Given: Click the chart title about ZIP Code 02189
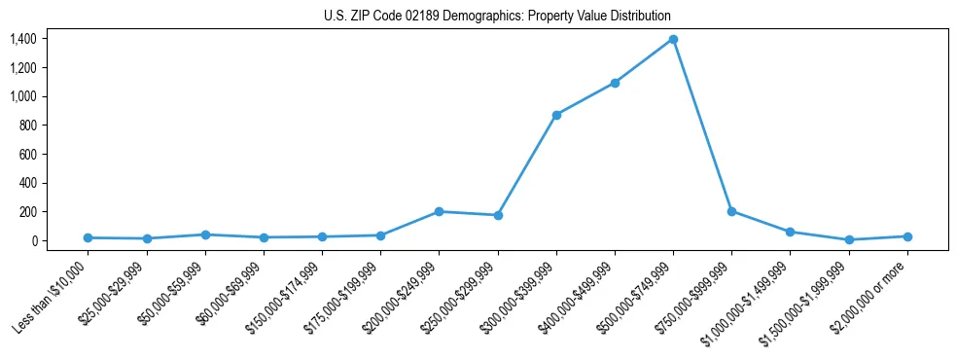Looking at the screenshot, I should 497,17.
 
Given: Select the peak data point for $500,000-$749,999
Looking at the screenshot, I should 673,40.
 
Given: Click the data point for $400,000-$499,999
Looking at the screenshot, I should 615,83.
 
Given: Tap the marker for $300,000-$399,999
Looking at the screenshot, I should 556,115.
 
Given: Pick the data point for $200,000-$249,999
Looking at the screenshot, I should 440,211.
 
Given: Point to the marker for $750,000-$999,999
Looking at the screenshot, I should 731,211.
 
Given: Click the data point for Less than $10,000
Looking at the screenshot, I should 89,237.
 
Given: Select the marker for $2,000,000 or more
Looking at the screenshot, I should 907,236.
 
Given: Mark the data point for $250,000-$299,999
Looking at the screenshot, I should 498,215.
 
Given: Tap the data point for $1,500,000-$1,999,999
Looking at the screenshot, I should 849,239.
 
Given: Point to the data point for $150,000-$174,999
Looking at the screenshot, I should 322,236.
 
